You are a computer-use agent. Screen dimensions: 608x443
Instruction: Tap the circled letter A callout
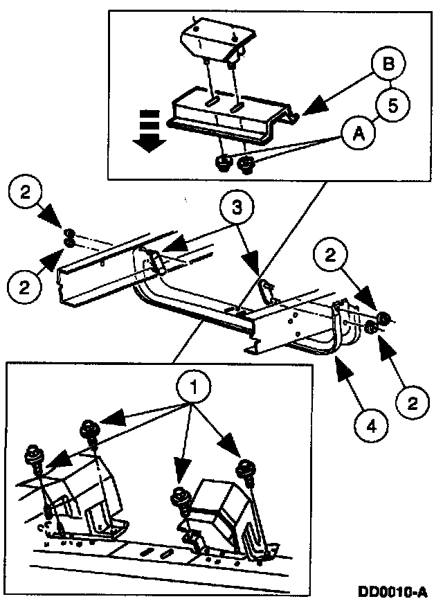tap(358, 136)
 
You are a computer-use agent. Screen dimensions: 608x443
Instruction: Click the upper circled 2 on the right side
tap(333, 256)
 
